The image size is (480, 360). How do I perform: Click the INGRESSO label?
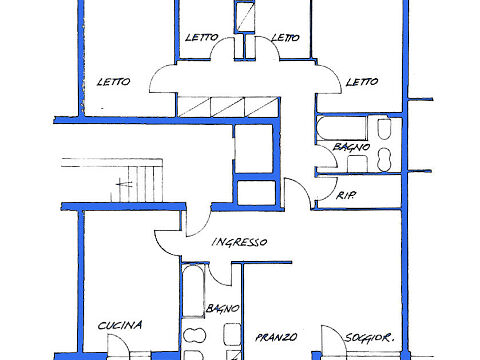239,242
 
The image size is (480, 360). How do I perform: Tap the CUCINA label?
120,325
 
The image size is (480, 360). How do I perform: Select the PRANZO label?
276,337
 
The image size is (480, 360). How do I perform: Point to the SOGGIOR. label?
369,338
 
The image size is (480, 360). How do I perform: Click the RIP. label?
345,195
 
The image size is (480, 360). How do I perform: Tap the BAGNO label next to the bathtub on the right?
351,147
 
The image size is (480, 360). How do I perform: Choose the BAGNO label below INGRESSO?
222,308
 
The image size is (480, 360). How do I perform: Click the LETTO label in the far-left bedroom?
113,82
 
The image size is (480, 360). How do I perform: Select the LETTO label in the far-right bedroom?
362,82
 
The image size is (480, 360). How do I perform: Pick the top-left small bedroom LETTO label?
202,37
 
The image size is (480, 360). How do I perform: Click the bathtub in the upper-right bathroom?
341,128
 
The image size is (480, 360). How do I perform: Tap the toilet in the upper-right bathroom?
384,128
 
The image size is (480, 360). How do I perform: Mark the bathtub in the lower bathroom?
193,291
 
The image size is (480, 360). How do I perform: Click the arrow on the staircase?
124,183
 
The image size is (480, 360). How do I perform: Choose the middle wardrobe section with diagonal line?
228,107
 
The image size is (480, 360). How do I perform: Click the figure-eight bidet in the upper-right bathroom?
384,160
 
